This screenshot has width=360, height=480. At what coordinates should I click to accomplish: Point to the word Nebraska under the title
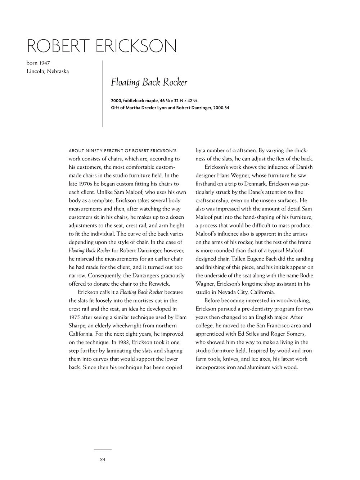(x=58, y=71)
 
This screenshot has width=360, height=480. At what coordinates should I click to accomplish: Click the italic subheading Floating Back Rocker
(x=149, y=82)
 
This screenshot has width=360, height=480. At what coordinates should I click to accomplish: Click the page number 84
(x=103, y=459)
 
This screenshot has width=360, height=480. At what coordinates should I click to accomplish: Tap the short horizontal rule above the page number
(x=103, y=449)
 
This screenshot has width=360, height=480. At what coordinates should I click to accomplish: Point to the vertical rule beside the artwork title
(x=102, y=94)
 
